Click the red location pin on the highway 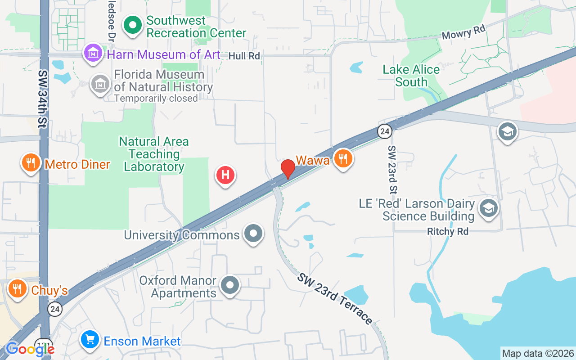click(288, 169)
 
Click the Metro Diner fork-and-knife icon click(31, 163)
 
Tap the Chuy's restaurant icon click(18, 289)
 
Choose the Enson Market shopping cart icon click(90, 340)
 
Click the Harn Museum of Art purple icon click(93, 53)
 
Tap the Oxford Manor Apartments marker click(230, 285)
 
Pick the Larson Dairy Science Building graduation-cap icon click(488, 208)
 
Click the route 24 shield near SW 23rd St click(384, 131)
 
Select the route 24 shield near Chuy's click(55, 309)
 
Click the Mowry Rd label click(463, 33)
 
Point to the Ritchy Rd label click(448, 231)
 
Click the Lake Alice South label click(411, 76)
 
